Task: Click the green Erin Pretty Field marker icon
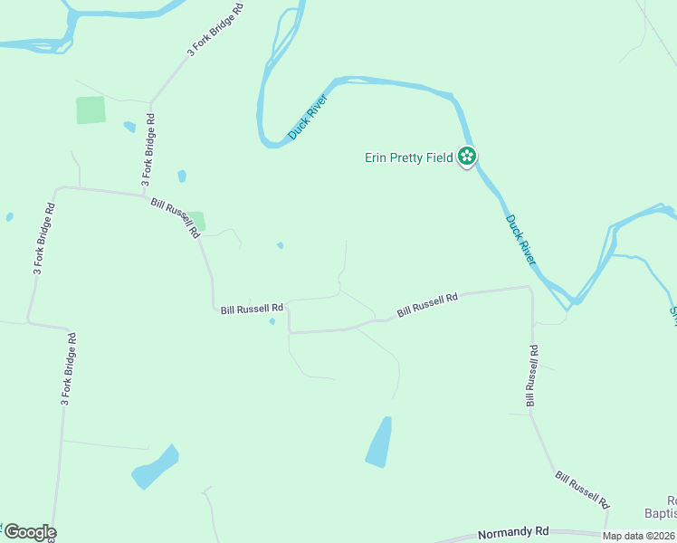(x=467, y=157)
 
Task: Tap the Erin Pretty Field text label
(x=408, y=157)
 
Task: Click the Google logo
(x=29, y=532)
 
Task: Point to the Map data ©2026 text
(x=638, y=536)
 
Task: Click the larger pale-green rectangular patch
(x=91, y=110)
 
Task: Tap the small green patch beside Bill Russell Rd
(x=196, y=221)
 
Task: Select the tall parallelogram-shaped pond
(x=379, y=443)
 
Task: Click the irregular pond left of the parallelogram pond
(x=155, y=467)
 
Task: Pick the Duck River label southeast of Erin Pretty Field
(x=521, y=239)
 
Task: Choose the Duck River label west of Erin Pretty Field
(x=307, y=117)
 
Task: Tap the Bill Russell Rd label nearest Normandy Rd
(x=582, y=489)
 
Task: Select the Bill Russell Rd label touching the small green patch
(x=175, y=218)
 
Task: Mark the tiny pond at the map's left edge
(x=9, y=217)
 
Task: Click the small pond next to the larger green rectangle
(x=129, y=127)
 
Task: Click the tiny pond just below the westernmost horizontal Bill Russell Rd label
(x=272, y=321)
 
